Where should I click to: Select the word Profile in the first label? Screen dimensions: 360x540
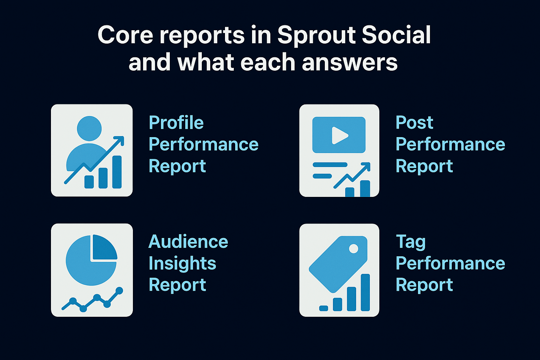(x=176, y=123)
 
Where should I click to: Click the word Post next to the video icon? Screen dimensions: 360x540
(x=414, y=123)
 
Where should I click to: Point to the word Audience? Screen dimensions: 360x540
(x=188, y=242)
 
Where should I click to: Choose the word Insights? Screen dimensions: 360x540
(x=182, y=264)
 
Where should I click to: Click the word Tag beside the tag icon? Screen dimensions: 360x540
(x=411, y=242)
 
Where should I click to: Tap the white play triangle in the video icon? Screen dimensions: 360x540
(x=339, y=135)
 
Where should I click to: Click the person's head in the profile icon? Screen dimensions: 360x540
(x=89, y=128)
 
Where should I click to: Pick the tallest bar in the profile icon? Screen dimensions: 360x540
(x=117, y=172)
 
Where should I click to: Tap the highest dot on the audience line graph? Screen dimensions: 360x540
(x=119, y=291)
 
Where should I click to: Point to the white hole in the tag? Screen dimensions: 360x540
(x=353, y=249)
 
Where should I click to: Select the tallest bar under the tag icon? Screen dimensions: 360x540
(x=365, y=292)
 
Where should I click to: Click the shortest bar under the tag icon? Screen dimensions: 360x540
(x=323, y=308)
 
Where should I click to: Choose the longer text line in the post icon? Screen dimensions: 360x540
(x=330, y=165)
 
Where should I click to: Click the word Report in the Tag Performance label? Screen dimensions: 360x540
(x=424, y=285)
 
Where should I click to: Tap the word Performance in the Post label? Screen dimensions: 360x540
(x=450, y=144)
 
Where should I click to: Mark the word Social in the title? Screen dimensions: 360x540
(x=396, y=35)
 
